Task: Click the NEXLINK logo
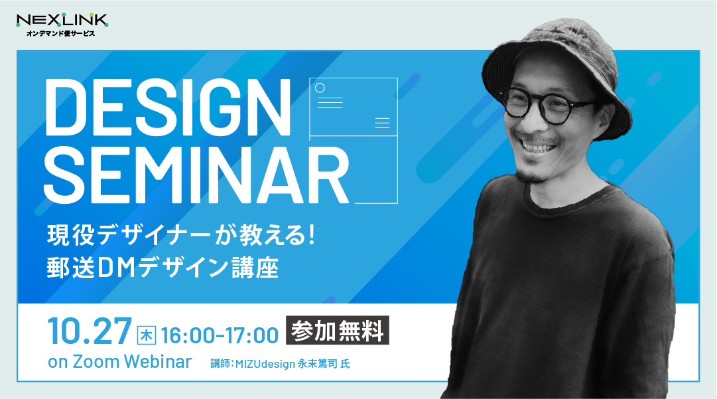pyautogui.click(x=62, y=25)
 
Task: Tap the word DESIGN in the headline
pyautogui.click(x=167, y=108)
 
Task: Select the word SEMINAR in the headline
pyautogui.click(x=196, y=175)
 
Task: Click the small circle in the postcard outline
pyautogui.click(x=320, y=88)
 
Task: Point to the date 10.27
pyautogui.click(x=90, y=331)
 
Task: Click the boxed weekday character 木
pyautogui.click(x=147, y=335)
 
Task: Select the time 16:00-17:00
pyautogui.click(x=220, y=335)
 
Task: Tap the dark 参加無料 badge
pyautogui.click(x=338, y=330)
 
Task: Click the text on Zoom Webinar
pyautogui.click(x=119, y=362)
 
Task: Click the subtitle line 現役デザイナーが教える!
pyautogui.click(x=181, y=235)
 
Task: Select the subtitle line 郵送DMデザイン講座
pyautogui.click(x=163, y=268)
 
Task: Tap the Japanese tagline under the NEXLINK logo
pyautogui.click(x=60, y=33)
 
